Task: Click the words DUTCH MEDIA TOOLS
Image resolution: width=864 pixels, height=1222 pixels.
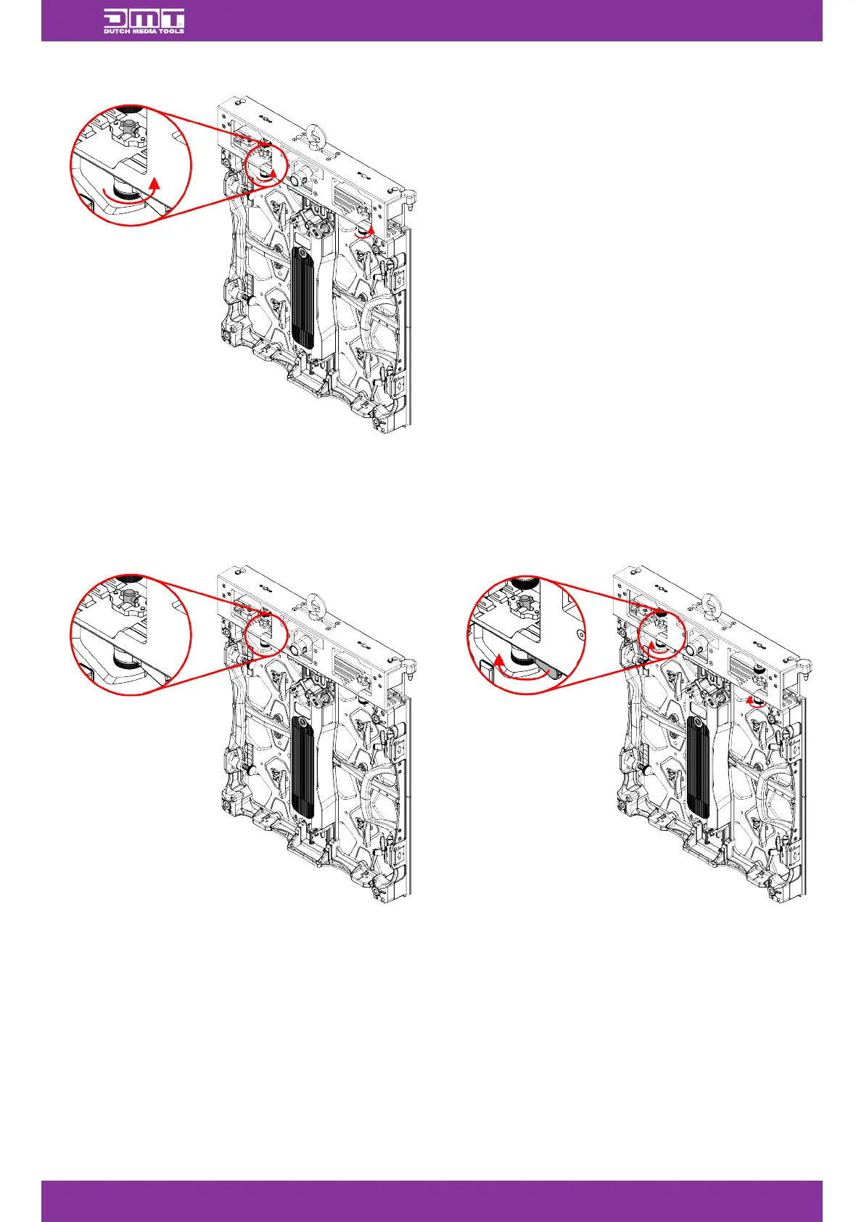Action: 144,31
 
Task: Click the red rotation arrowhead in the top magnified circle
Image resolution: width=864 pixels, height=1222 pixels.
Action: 154,182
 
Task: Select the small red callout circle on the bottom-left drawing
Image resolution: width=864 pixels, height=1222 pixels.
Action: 266,634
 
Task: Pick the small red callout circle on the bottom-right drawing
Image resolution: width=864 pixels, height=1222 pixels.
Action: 661,634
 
